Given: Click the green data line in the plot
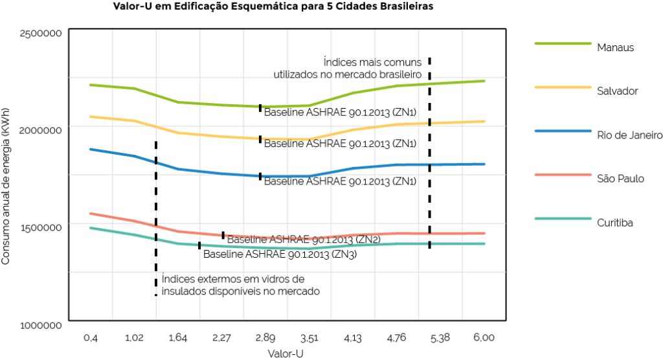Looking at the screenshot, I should [220, 104].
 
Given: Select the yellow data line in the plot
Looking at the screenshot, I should [220, 136].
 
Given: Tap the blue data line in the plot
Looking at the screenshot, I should [220, 172].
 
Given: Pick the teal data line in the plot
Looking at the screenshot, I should [220, 245].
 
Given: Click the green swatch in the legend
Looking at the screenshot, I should [563, 44].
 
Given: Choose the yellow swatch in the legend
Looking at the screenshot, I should [563, 87].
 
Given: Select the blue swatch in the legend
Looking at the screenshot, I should [563, 131].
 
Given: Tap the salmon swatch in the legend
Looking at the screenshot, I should [563, 175].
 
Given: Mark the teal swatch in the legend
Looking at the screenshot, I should [563, 218].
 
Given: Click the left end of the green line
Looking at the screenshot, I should [90, 85].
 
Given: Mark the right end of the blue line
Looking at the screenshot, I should [484, 163].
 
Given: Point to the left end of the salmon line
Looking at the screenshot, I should [90, 213].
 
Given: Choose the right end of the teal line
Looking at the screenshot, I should [484, 243].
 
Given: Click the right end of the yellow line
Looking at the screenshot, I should [484, 121].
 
